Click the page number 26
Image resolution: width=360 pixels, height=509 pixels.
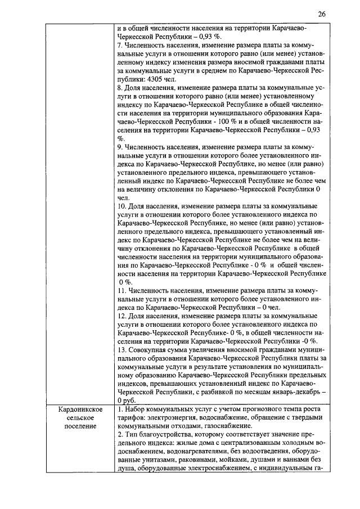[x=321, y=13]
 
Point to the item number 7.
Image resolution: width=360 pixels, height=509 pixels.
[x=120, y=43]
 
